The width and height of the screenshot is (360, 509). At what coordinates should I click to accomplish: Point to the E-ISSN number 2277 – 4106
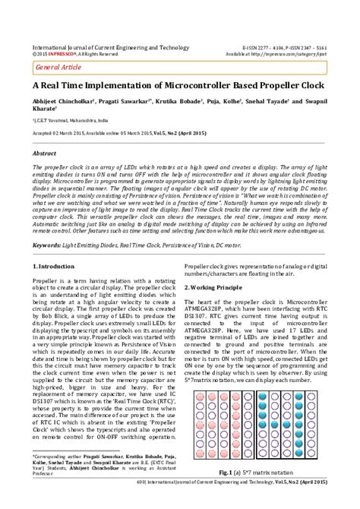click(262, 47)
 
